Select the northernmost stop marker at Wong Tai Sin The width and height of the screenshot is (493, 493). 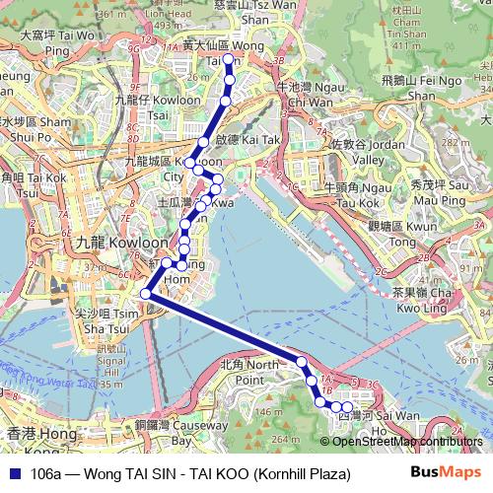tap(229, 61)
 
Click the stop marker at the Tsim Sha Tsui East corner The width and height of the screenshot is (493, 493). tap(146, 293)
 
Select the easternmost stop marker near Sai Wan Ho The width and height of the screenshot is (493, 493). tap(347, 407)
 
